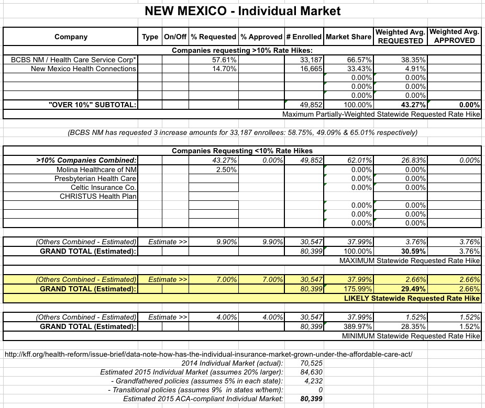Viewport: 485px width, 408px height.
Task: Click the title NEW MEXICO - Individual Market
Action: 242,10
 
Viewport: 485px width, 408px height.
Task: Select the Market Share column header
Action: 348,37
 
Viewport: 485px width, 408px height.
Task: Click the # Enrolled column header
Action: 304,37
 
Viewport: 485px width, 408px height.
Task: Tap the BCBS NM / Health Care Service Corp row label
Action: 73,60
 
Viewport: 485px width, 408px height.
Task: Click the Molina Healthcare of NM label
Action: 96,169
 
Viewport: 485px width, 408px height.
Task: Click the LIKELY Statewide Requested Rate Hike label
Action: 412,298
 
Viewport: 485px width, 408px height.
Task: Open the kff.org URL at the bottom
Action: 208,354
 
